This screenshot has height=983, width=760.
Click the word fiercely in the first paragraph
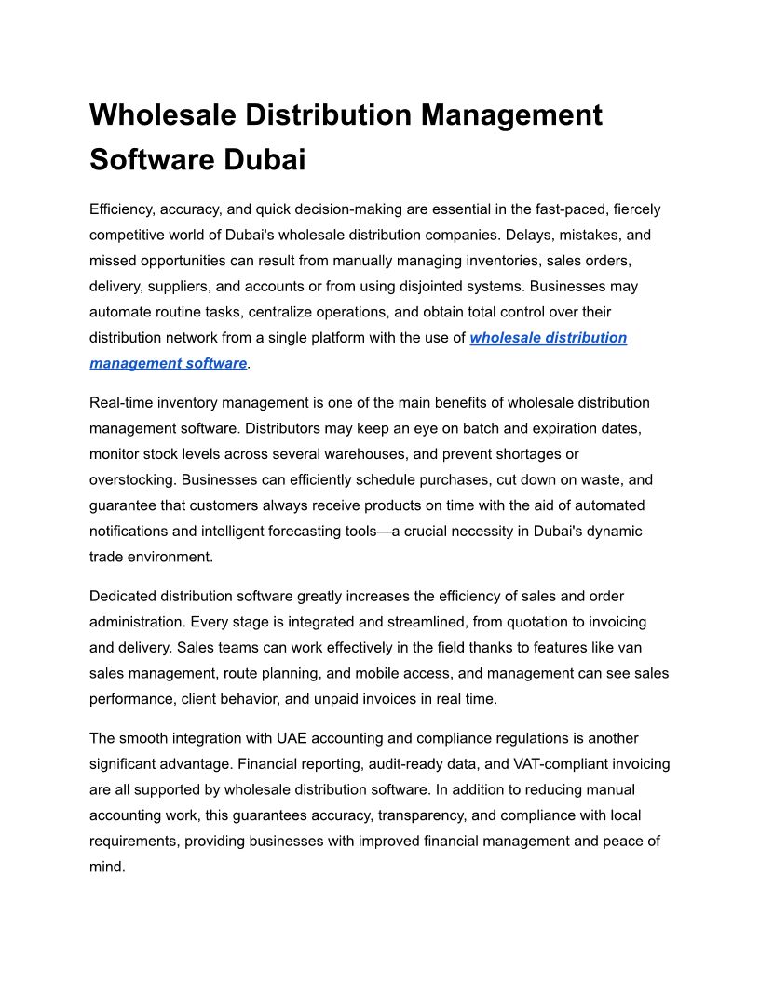634,209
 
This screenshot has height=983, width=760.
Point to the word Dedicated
123,596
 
